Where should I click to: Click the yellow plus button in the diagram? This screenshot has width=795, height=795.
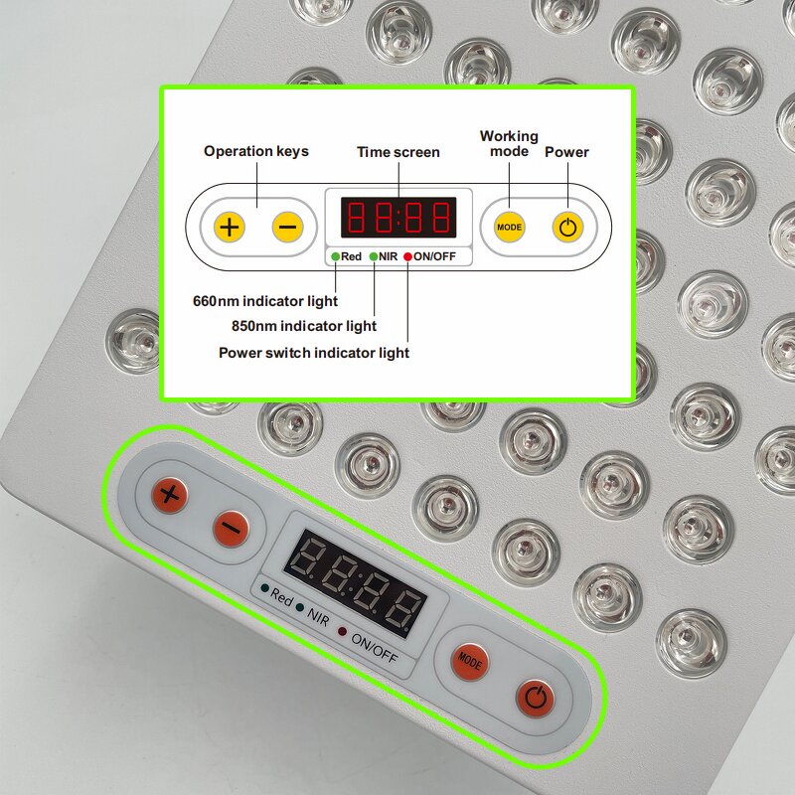click(230, 227)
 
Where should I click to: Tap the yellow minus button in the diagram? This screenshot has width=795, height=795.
click(287, 227)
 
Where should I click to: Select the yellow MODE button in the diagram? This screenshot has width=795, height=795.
click(509, 227)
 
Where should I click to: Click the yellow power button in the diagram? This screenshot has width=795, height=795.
click(567, 227)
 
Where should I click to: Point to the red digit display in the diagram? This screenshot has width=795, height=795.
click(398, 218)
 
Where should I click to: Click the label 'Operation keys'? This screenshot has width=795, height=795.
click(256, 151)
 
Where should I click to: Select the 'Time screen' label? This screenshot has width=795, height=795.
click(398, 152)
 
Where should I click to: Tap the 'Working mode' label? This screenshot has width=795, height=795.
click(509, 143)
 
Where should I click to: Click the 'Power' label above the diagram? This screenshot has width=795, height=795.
click(566, 152)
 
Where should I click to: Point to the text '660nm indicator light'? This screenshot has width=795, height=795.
click(264, 300)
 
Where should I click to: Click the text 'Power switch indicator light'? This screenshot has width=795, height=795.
click(314, 352)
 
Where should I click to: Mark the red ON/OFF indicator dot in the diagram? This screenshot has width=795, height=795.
click(408, 256)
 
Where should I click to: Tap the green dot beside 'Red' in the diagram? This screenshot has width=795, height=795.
click(337, 256)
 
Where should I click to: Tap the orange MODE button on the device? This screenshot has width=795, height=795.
click(469, 663)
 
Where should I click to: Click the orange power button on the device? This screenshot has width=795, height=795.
click(535, 698)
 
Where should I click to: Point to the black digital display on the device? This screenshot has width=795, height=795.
click(355, 583)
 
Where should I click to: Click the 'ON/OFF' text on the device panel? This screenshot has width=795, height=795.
click(375, 645)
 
